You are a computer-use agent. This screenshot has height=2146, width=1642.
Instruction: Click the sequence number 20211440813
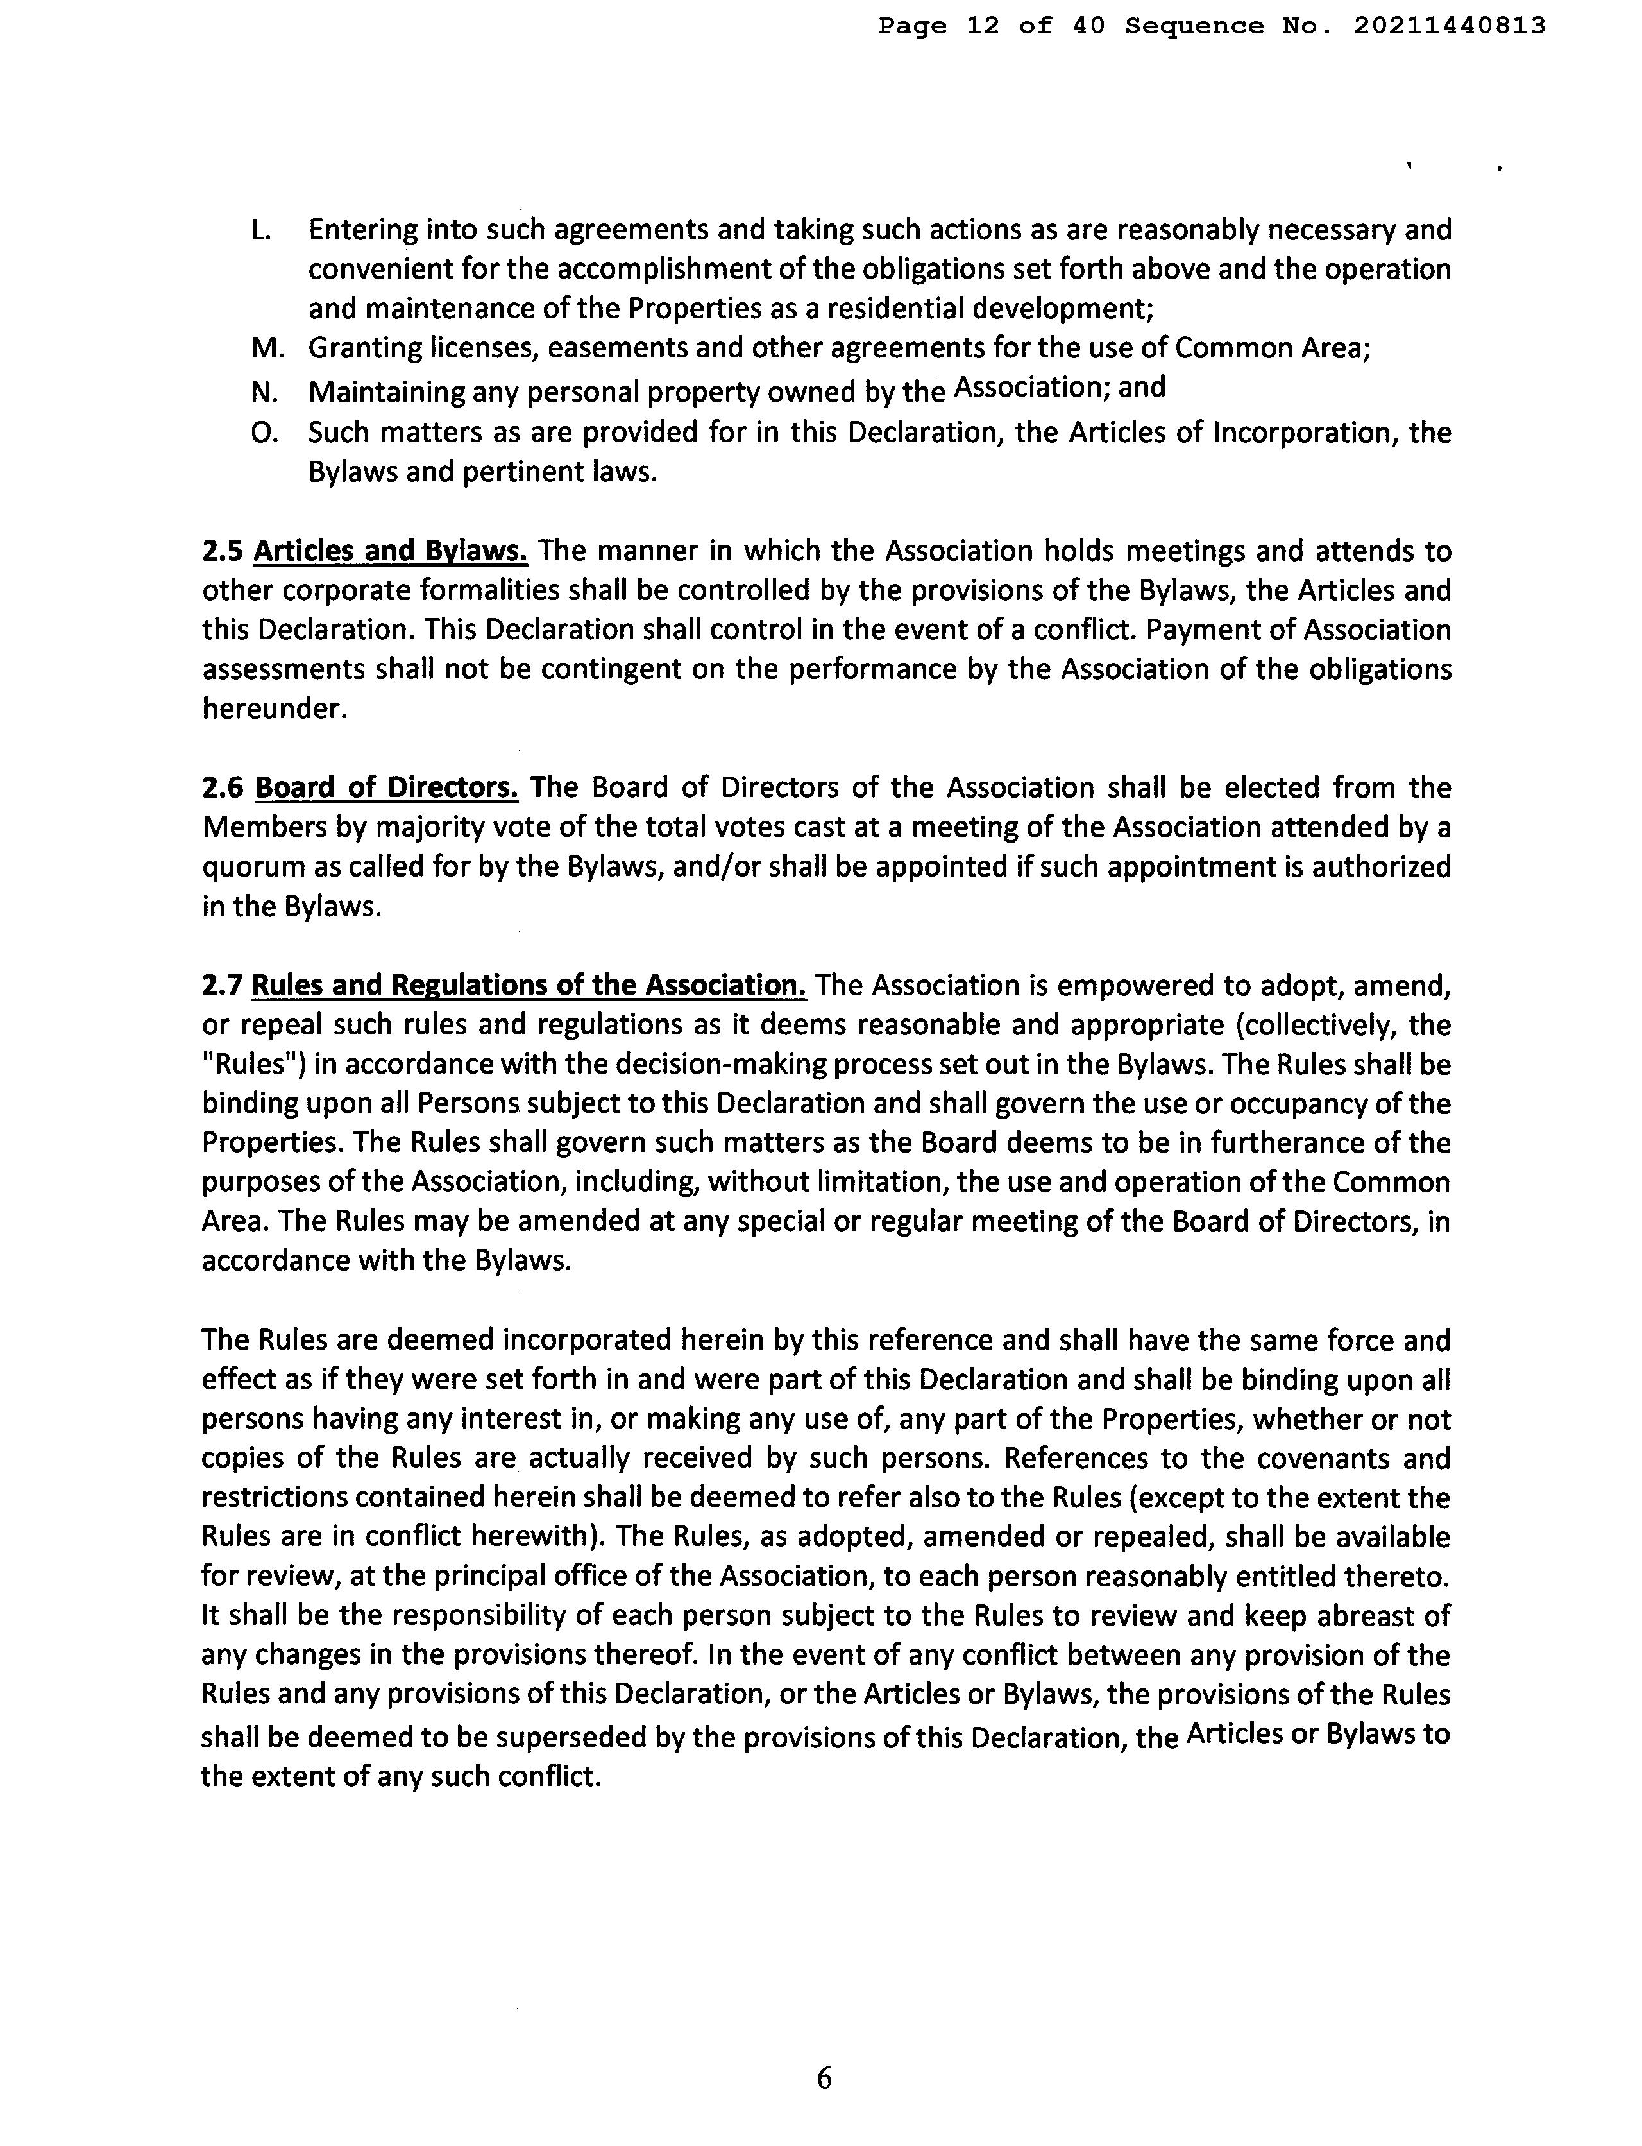click(x=1450, y=26)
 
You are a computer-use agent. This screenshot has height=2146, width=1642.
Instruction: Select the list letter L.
click(x=260, y=231)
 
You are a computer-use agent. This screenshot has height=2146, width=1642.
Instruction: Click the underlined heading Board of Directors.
click(x=386, y=788)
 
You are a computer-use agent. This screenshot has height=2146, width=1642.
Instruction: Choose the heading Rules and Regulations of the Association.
click(x=529, y=986)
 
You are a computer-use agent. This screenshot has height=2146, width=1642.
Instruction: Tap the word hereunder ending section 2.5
click(x=274, y=709)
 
